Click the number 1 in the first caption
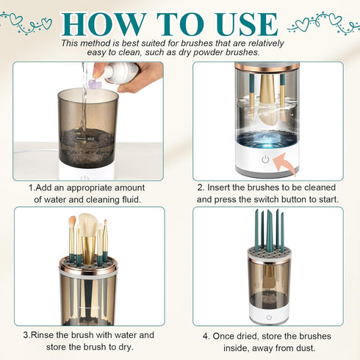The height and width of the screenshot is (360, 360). pyautogui.click(x=32, y=187)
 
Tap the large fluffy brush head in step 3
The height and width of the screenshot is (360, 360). pyautogui.click(x=88, y=223)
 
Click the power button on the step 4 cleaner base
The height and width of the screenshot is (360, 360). pyautogui.click(x=268, y=317)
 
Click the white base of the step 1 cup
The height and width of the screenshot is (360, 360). pyautogui.click(x=86, y=173)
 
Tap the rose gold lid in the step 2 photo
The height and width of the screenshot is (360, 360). pyautogui.click(x=267, y=67)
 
